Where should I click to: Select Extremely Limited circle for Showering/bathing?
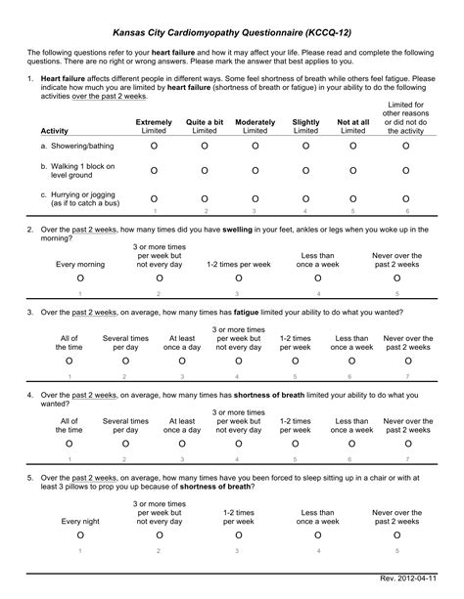point(154,146)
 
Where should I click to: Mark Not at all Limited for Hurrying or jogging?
point(353,198)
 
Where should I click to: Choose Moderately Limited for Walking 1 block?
point(255,171)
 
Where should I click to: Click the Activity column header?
point(55,130)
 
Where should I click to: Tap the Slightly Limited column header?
point(305,125)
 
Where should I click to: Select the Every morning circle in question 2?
point(79,278)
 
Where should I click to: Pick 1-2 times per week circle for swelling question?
point(238,278)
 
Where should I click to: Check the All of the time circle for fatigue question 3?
point(69,362)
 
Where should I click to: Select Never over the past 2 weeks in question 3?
point(407,362)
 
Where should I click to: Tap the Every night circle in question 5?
point(79,536)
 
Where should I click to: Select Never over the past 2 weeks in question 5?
point(396,536)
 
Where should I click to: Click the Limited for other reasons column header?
point(406,117)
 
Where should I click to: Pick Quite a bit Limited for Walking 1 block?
point(205,171)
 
